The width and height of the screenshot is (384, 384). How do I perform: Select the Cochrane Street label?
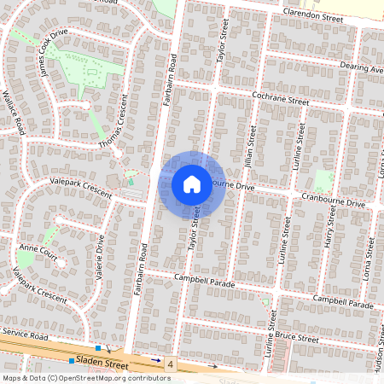pyautogui.click(x=279, y=99)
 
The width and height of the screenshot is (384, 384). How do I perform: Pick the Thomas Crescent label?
pyautogui.click(x=111, y=131)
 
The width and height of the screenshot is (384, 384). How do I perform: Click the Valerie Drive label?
pyautogui.click(x=100, y=256)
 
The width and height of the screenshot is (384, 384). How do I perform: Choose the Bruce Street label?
pyautogui.click(x=301, y=340)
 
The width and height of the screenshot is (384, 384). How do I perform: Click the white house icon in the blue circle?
pyautogui.click(x=192, y=183)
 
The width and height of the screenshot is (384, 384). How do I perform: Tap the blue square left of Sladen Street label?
pyautogui.click(x=72, y=361)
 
